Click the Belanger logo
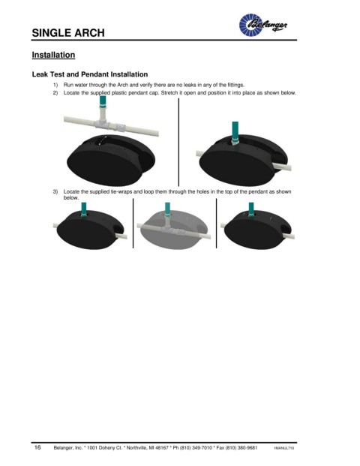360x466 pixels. [x=263, y=25]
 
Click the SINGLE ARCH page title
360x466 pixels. [x=68, y=33]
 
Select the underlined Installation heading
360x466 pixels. [x=53, y=55]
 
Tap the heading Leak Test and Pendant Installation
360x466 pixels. [x=90, y=74]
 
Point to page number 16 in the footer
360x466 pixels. [x=37, y=447]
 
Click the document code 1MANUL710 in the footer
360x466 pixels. [x=284, y=448]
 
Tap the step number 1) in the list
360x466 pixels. [x=55, y=85]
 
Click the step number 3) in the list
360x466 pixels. [x=55, y=191]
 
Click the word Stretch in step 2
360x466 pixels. [x=169, y=93]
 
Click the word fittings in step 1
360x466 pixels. [x=235, y=85]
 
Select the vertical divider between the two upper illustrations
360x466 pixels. [x=178, y=143]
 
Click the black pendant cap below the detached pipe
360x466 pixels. [x=110, y=159]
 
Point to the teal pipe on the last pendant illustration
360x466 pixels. [x=251, y=209]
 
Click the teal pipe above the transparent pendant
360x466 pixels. [x=167, y=209]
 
